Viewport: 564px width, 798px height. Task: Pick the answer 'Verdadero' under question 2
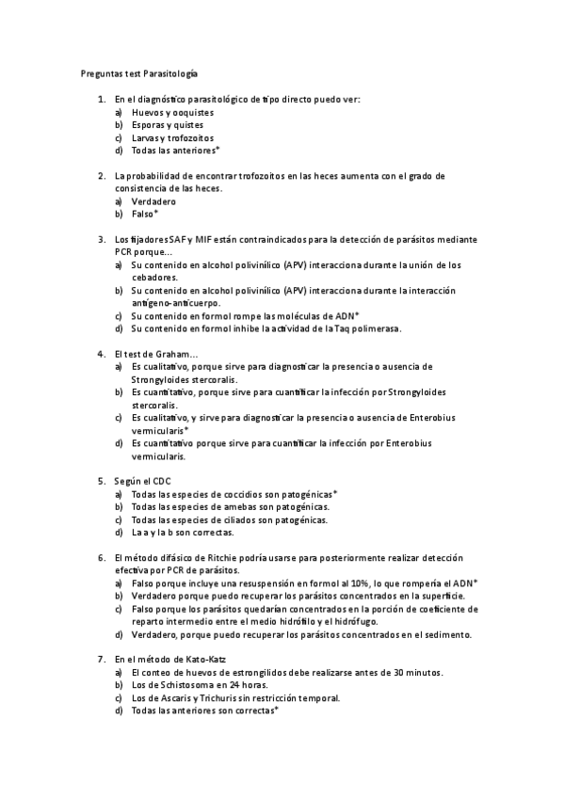[153, 201]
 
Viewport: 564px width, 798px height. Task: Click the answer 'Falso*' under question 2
[145, 215]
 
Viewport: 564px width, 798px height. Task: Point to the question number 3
[101, 240]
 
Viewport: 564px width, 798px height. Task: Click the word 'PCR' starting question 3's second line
[124, 252]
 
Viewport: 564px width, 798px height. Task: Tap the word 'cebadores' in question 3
[153, 278]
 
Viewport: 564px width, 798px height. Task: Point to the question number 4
[101, 354]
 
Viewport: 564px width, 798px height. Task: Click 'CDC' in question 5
[162, 481]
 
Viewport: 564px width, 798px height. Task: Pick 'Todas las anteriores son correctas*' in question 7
[205, 710]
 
